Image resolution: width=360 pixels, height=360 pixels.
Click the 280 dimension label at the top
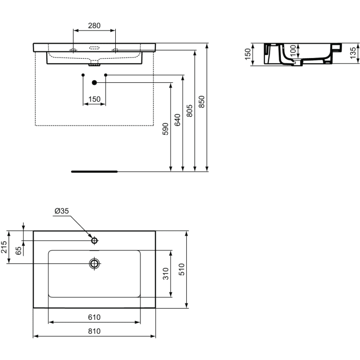(94, 25)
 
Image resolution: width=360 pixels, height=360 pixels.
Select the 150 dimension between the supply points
(94, 99)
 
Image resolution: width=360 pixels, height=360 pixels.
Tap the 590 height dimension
(165, 129)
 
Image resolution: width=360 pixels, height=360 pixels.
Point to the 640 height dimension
(178, 120)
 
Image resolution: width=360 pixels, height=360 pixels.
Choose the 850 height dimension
(202, 102)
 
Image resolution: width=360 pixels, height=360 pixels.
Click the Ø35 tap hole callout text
(61, 211)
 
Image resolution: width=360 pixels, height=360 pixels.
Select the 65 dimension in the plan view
(19, 251)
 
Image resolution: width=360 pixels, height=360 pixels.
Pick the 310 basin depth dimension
(166, 273)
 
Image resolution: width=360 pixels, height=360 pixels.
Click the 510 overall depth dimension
(181, 269)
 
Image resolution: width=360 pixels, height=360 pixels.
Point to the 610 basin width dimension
(94, 317)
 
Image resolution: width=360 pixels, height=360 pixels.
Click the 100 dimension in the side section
(293, 50)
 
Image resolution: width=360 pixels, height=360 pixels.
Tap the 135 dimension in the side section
(353, 52)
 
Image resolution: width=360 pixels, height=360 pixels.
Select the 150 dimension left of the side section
(247, 53)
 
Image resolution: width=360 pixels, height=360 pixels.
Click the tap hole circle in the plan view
(94, 240)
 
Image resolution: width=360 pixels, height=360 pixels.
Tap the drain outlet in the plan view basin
(94, 263)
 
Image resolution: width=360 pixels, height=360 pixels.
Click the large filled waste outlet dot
(94, 82)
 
